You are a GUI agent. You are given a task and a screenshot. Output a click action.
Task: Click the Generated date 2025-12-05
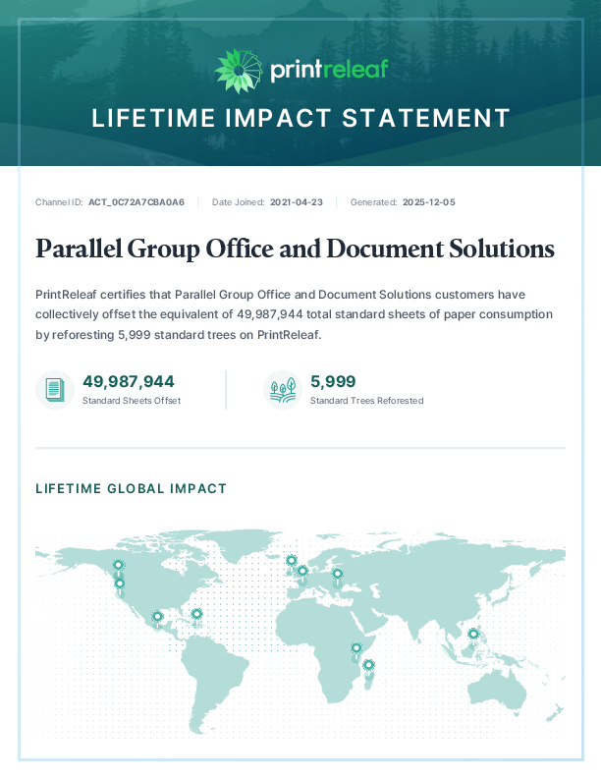point(428,202)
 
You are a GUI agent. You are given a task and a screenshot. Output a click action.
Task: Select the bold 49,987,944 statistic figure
point(129,381)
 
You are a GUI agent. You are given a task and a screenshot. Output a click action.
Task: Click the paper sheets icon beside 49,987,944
point(55,390)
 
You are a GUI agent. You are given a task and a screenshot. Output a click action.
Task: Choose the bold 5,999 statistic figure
point(333,381)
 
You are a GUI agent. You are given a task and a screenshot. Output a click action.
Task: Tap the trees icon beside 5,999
point(283,390)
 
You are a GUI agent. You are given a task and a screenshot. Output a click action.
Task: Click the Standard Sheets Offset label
point(132,401)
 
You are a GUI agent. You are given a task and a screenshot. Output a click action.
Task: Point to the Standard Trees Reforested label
point(366,401)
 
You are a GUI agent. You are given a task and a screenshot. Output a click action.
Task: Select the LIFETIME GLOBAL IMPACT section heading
point(131,488)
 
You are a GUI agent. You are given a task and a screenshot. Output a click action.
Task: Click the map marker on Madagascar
point(368,665)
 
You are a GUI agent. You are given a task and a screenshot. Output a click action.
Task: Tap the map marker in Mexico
point(157,617)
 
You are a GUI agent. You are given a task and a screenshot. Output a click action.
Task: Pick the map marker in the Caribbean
point(196,614)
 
